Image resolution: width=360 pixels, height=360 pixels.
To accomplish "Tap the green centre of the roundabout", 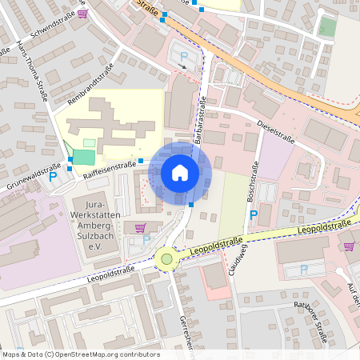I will point(167,258).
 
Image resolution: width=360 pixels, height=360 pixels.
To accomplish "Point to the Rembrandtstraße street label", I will point(92,82).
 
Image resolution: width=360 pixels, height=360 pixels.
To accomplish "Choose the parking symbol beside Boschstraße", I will point(254,215).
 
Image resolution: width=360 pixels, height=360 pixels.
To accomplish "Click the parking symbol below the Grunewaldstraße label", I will point(54,178).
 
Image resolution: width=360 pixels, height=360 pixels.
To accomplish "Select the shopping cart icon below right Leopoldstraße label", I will point(348,246).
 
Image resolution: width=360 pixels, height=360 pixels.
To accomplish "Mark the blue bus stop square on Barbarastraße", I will point(191,205).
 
